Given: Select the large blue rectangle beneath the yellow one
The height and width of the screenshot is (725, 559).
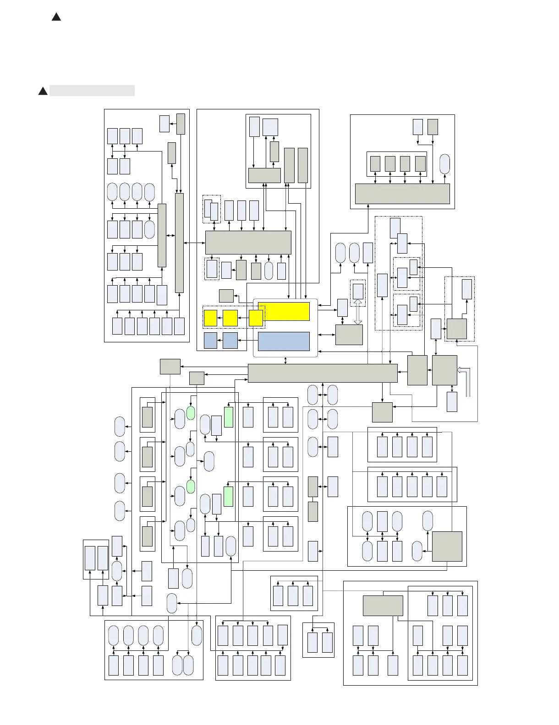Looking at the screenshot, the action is coord(284,341).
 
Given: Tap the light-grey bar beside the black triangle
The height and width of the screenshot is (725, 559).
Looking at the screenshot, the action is coord(92,91).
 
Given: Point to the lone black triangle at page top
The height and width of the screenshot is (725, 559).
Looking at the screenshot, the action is coord(56,17).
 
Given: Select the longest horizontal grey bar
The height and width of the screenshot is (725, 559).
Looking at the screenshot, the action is coord(322,373).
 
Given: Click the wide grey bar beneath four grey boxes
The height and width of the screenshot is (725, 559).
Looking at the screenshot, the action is coord(402,194).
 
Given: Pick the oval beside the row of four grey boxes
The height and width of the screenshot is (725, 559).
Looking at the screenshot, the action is coord(444,164).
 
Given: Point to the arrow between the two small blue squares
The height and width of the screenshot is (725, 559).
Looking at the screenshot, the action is coord(220,341).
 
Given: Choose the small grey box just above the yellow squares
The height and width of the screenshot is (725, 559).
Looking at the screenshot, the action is coord(226,296).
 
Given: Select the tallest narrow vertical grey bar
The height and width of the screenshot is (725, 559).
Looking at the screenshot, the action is coord(180,243).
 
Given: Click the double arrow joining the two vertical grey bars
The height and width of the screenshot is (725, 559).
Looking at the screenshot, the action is coord(170,235).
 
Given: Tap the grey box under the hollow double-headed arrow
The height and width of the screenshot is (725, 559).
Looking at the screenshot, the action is coord(349,335).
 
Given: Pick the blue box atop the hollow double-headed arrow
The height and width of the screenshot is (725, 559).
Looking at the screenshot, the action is coord(358,291).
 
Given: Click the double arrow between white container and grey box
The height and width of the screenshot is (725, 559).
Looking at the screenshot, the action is coord(326,335).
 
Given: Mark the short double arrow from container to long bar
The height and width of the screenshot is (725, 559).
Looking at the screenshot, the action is coord(286,361).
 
